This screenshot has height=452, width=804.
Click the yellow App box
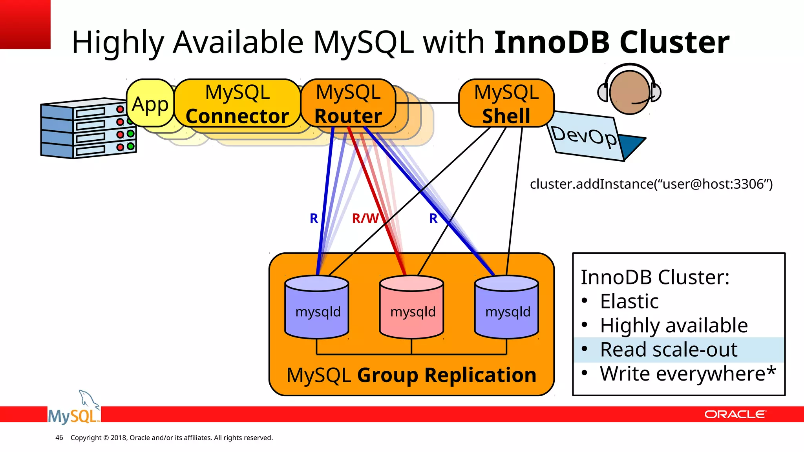click(x=150, y=104)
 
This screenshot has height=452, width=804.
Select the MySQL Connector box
click(x=237, y=104)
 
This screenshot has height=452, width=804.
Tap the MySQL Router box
click(x=348, y=104)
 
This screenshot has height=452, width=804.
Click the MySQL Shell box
click(x=506, y=104)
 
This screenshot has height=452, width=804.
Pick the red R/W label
click(x=365, y=218)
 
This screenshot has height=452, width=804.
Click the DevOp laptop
click(x=589, y=137)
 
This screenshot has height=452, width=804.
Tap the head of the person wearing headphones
click(x=629, y=93)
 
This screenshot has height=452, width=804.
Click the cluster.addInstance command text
click(x=651, y=184)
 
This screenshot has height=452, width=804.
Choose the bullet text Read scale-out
click(x=669, y=350)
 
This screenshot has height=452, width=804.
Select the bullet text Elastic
click(x=629, y=301)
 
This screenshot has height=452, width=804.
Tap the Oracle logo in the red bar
click(x=735, y=414)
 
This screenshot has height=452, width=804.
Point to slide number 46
click(x=59, y=437)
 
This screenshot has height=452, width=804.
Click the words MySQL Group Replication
click(x=411, y=375)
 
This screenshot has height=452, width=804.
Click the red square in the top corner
click(x=25, y=24)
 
